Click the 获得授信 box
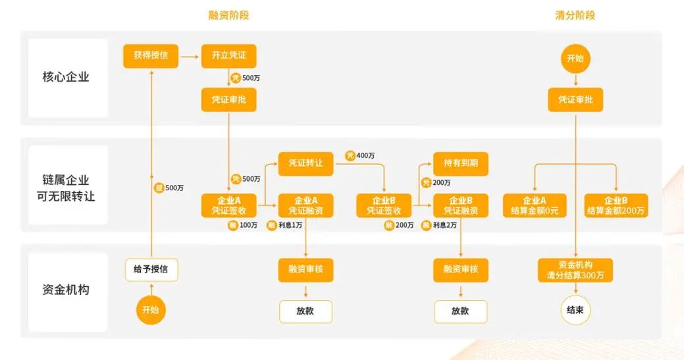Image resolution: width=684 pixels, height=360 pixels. (151, 55)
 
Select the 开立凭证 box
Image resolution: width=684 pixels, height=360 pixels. (228, 55)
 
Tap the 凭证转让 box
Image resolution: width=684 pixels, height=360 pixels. (305, 163)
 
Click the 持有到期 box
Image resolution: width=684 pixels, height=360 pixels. (461, 163)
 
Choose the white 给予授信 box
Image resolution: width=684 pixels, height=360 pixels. (151, 269)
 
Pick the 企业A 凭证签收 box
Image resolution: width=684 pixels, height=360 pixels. (228, 205)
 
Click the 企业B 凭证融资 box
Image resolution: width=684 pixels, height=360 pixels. (461, 205)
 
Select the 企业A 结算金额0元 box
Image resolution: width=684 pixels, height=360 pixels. (534, 205)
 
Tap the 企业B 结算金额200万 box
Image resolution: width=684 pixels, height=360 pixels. (616, 205)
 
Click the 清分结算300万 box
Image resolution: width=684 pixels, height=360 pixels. (575, 270)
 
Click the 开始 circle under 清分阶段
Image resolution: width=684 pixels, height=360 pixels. (575, 58)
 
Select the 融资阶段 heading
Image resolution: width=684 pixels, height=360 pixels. (228, 14)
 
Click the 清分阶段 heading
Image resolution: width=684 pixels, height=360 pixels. (575, 14)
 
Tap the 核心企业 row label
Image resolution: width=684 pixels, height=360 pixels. (66, 77)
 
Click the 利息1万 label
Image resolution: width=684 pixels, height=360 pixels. (290, 226)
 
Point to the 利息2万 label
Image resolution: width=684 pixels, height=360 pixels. (445, 226)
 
